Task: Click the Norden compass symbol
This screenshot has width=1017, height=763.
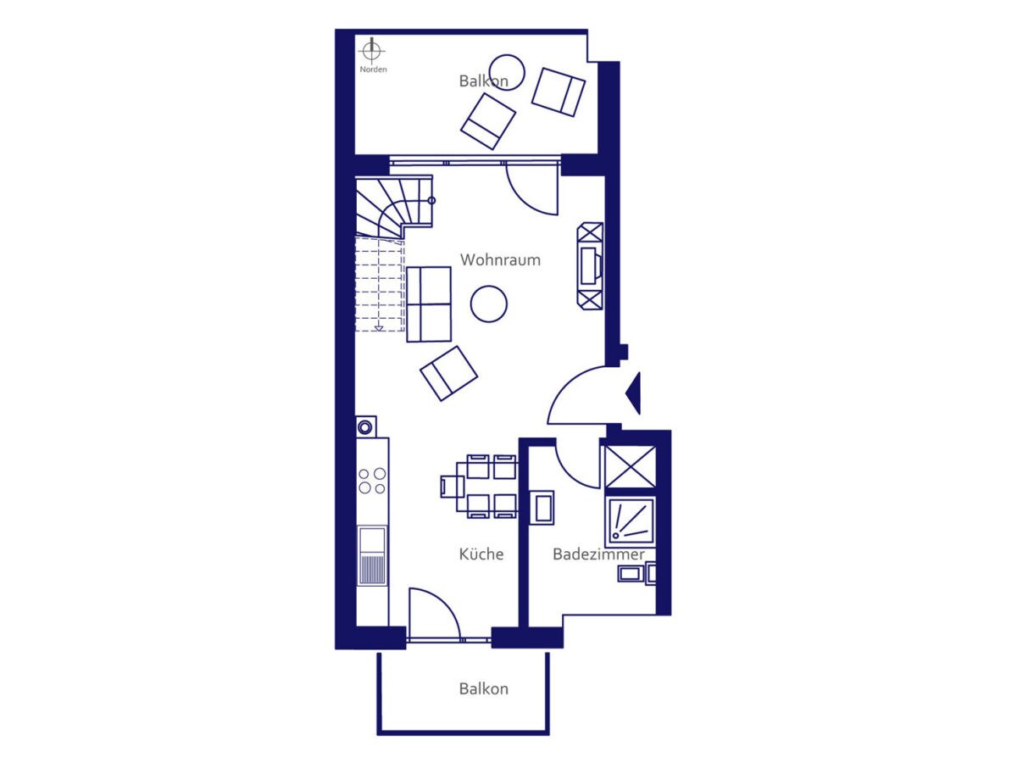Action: [371, 51]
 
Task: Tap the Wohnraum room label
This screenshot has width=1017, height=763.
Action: [500, 260]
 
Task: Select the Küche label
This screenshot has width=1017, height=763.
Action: [481, 554]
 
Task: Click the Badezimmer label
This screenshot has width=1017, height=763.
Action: [598, 554]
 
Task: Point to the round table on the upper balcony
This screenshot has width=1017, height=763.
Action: [508, 73]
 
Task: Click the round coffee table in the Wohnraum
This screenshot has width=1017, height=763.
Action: [489, 304]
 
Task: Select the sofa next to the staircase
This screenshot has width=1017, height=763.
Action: [429, 304]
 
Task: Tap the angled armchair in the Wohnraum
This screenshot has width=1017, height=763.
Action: [448, 373]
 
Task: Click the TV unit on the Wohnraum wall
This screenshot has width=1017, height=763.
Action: [590, 266]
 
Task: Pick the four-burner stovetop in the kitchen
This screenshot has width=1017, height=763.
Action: [372, 481]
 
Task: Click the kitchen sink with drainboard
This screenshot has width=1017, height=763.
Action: [372, 554]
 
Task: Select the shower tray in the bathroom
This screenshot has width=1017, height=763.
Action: [631, 522]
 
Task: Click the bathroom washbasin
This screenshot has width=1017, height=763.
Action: [542, 508]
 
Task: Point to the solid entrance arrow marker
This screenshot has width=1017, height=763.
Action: [633, 393]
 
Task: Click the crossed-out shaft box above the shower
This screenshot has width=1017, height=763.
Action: [631, 467]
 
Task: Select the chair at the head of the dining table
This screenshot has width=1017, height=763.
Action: [448, 487]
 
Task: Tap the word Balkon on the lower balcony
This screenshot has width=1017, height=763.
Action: [483, 702]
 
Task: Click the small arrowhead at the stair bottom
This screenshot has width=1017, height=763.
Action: [379, 328]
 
